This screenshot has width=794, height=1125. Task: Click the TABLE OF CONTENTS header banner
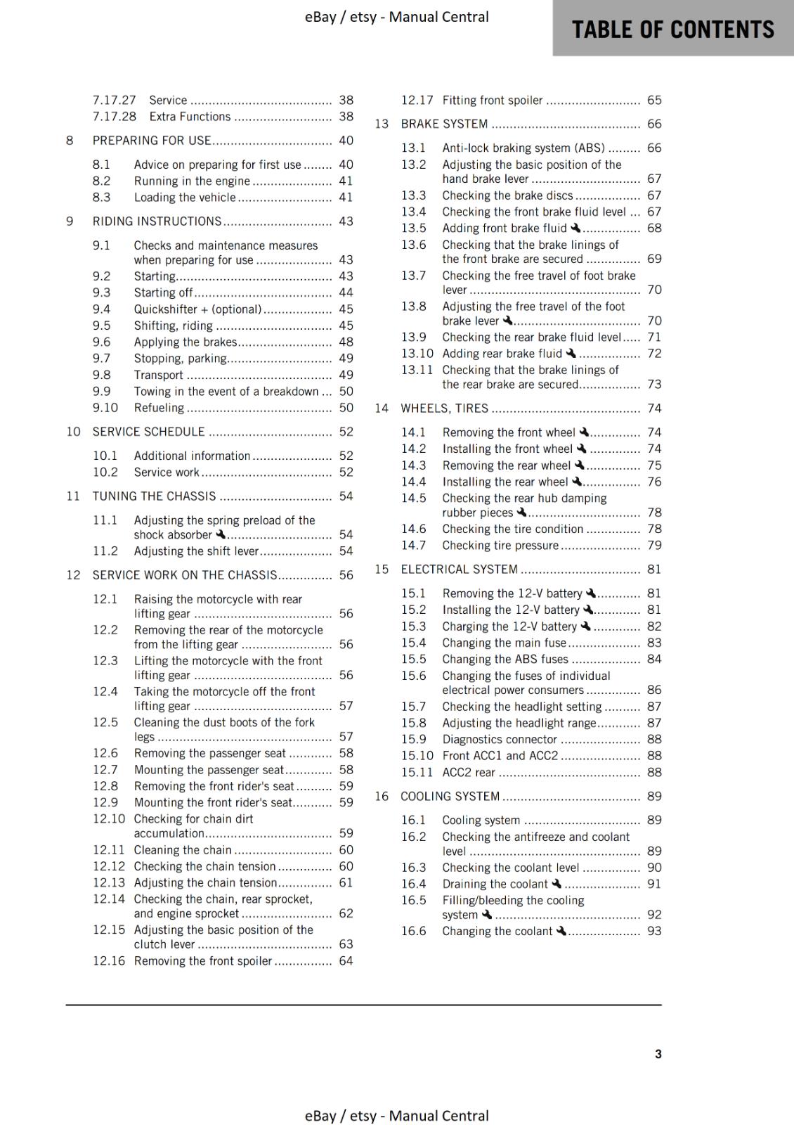point(672,29)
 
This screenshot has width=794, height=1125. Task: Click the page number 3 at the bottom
point(658,1053)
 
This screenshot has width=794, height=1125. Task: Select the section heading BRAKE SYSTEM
point(444,124)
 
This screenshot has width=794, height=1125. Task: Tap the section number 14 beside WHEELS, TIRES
point(381,408)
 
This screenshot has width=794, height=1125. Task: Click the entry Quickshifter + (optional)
point(197,309)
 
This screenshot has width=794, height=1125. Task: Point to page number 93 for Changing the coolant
point(653,931)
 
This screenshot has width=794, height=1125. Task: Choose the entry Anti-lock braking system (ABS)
point(523,148)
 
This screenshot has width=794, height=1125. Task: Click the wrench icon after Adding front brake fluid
point(576,228)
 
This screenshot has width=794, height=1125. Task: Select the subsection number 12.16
point(109,960)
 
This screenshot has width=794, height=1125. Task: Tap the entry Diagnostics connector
point(499,739)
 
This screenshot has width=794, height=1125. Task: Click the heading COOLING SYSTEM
point(450,796)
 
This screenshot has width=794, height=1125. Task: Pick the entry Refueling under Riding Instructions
point(159,408)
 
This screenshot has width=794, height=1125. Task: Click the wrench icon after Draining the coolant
point(557,884)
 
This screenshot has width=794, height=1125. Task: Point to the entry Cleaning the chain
point(183,850)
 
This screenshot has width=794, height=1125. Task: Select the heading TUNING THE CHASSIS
point(154,496)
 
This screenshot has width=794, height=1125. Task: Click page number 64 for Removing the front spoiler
point(346,960)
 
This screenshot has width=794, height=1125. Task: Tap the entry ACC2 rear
point(469,772)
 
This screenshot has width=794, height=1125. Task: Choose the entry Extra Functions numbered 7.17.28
point(190,117)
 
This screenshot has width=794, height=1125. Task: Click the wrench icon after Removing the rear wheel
point(580,465)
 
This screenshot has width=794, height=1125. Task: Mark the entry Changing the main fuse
point(504,643)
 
